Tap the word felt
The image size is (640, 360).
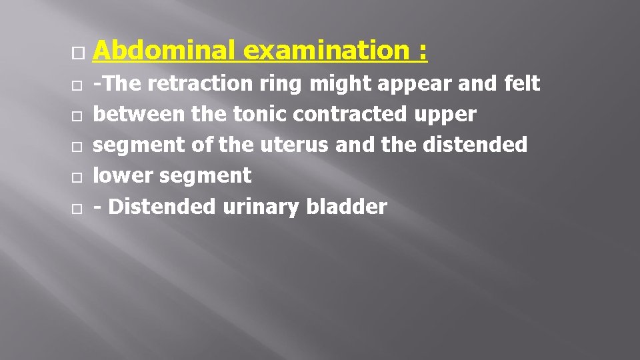tap(523, 84)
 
